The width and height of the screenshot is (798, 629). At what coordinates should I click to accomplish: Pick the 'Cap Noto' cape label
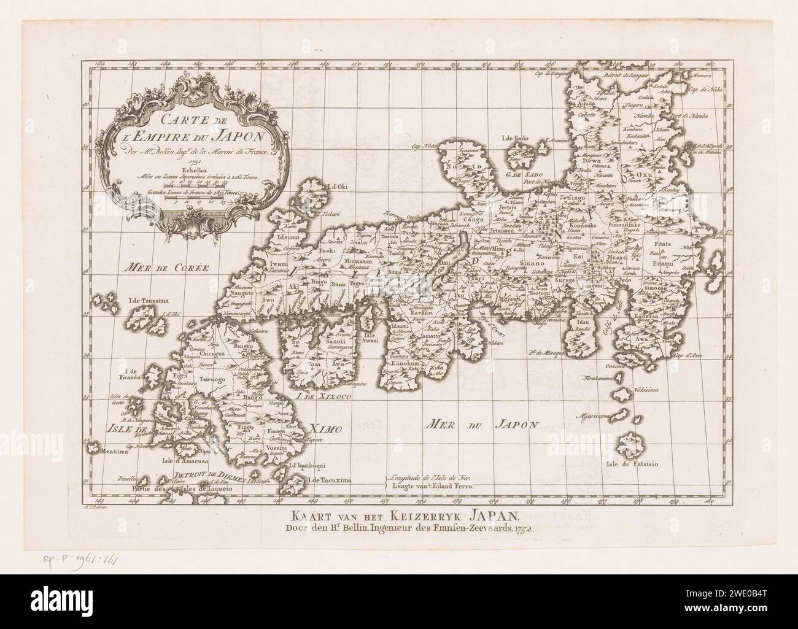click(424, 147)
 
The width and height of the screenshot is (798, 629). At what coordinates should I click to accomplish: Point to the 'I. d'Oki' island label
click(338, 187)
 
